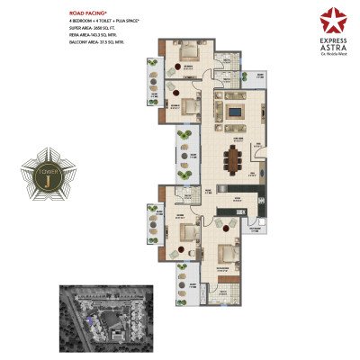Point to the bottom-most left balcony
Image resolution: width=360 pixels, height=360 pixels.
click(184, 297)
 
